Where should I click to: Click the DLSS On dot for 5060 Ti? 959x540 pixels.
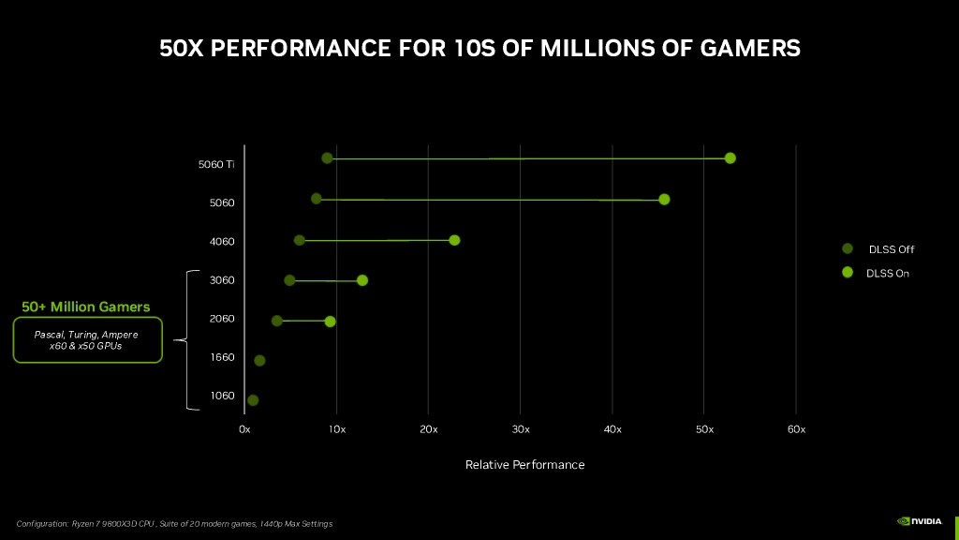730,157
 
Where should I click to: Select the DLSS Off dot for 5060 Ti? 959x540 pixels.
327,157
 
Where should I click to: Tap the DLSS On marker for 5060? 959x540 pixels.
664,199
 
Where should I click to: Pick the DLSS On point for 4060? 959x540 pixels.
454,240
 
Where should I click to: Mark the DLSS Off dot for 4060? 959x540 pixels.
299,240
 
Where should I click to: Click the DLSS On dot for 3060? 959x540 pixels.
362,280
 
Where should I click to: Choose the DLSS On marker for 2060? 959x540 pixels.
330,322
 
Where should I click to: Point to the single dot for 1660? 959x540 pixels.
259,361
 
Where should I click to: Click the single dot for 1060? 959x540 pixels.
253,400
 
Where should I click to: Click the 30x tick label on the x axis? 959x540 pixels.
521,429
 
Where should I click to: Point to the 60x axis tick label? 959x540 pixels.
796,429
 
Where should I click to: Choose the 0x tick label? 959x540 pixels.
244,429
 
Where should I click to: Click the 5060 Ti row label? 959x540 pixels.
216,164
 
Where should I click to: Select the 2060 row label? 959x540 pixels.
222,319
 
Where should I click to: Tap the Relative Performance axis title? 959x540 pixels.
524,465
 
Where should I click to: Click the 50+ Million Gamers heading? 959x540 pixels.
86,307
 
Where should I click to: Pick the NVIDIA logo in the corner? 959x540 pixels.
922,521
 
